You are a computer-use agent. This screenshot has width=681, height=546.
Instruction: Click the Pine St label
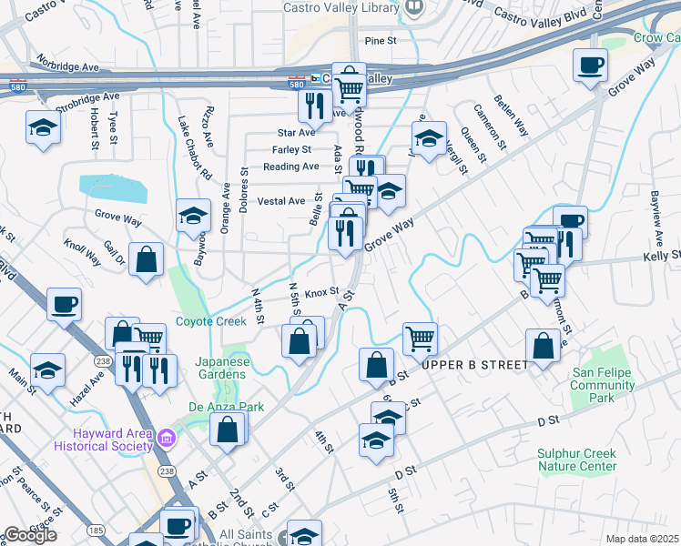[381, 41]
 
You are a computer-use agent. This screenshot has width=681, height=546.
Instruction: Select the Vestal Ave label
[281, 201]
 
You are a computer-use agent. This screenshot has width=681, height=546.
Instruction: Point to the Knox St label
[321, 293]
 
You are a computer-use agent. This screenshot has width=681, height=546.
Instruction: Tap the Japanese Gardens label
[222, 368]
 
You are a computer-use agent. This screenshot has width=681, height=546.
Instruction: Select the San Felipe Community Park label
[603, 385]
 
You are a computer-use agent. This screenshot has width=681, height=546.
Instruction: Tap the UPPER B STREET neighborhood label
[474, 365]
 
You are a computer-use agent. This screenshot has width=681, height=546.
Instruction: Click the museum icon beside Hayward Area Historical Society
[166, 439]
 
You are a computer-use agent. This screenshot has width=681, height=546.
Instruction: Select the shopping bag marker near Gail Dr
[146, 259]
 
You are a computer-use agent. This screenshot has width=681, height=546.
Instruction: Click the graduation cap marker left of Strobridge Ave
[43, 128]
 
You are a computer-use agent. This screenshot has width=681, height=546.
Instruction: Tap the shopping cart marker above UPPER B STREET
[420, 339]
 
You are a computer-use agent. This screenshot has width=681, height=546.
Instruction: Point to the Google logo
[29, 535]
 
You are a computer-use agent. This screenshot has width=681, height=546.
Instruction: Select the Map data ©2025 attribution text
[642, 539]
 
